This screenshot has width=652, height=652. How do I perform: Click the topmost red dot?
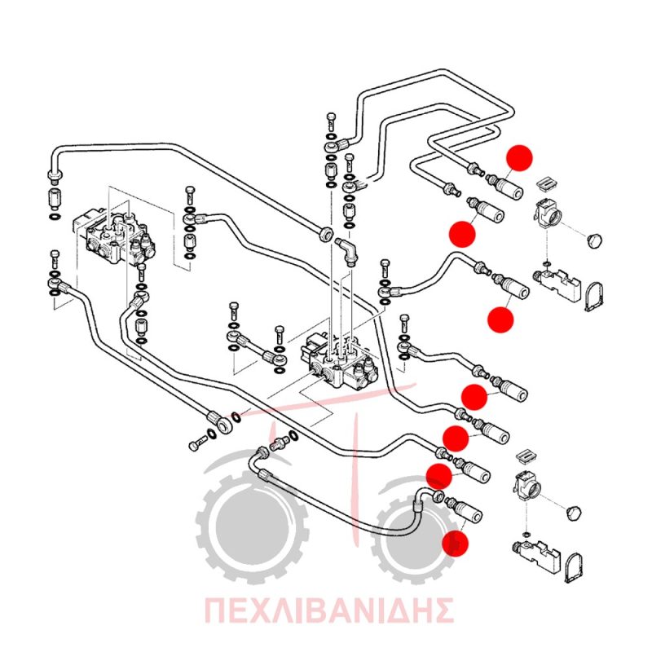[519, 157]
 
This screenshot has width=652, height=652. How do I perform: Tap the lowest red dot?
[455, 543]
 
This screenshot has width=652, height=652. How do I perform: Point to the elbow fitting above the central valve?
[347, 251]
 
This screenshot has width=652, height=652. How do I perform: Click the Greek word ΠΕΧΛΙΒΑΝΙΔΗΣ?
[328, 610]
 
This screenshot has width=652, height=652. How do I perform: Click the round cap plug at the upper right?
[595, 240]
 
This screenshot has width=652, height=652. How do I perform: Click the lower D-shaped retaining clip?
[575, 568]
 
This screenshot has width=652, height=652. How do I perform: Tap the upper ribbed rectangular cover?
[545, 183]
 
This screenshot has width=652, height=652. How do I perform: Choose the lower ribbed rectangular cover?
[526, 456]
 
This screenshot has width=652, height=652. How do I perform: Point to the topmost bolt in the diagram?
[332, 121]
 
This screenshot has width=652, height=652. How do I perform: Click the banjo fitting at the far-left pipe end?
[54, 176]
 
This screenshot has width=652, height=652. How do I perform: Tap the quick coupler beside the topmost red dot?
[504, 187]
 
